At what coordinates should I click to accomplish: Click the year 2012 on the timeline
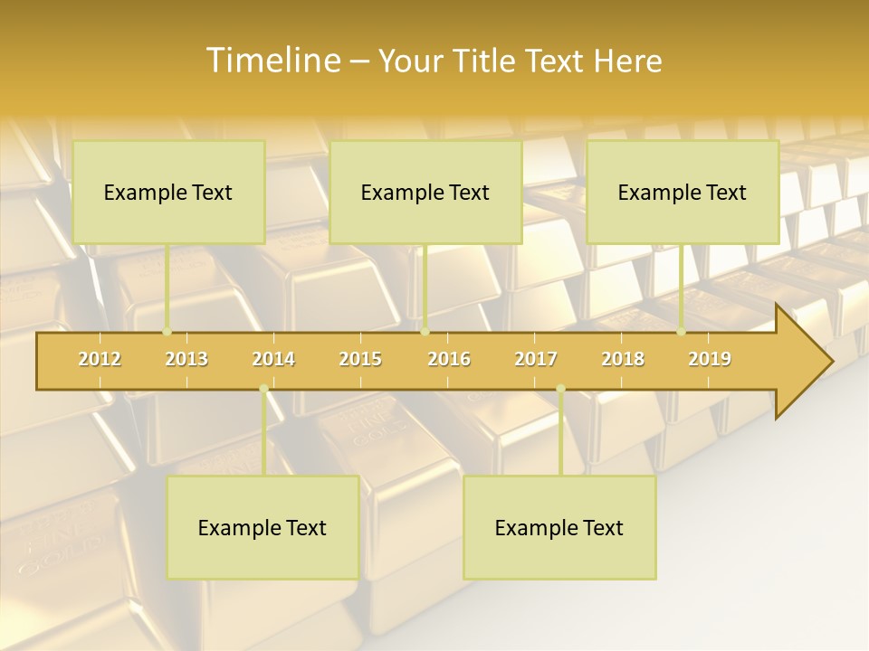point(100,359)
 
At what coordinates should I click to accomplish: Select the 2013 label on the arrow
point(186,359)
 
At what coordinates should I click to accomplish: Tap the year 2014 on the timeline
point(273,359)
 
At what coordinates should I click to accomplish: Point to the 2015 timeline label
point(360,359)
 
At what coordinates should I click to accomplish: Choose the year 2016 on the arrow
point(449,359)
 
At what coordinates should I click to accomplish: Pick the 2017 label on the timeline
point(536,359)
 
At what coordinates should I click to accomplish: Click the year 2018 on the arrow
point(623,359)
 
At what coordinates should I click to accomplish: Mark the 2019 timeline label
point(710,359)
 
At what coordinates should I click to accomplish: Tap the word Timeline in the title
point(272,61)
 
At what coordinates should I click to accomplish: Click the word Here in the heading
point(627,61)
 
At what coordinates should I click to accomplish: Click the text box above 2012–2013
point(168,192)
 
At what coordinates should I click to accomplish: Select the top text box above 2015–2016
point(425,192)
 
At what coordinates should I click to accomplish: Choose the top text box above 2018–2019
point(683,192)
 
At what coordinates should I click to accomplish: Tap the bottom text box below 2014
point(263,527)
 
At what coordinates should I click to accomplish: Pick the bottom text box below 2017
point(559,527)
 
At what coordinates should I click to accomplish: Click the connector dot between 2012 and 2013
point(167,332)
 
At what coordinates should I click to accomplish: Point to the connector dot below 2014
point(263,389)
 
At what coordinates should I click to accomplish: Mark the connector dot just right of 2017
point(560,389)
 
